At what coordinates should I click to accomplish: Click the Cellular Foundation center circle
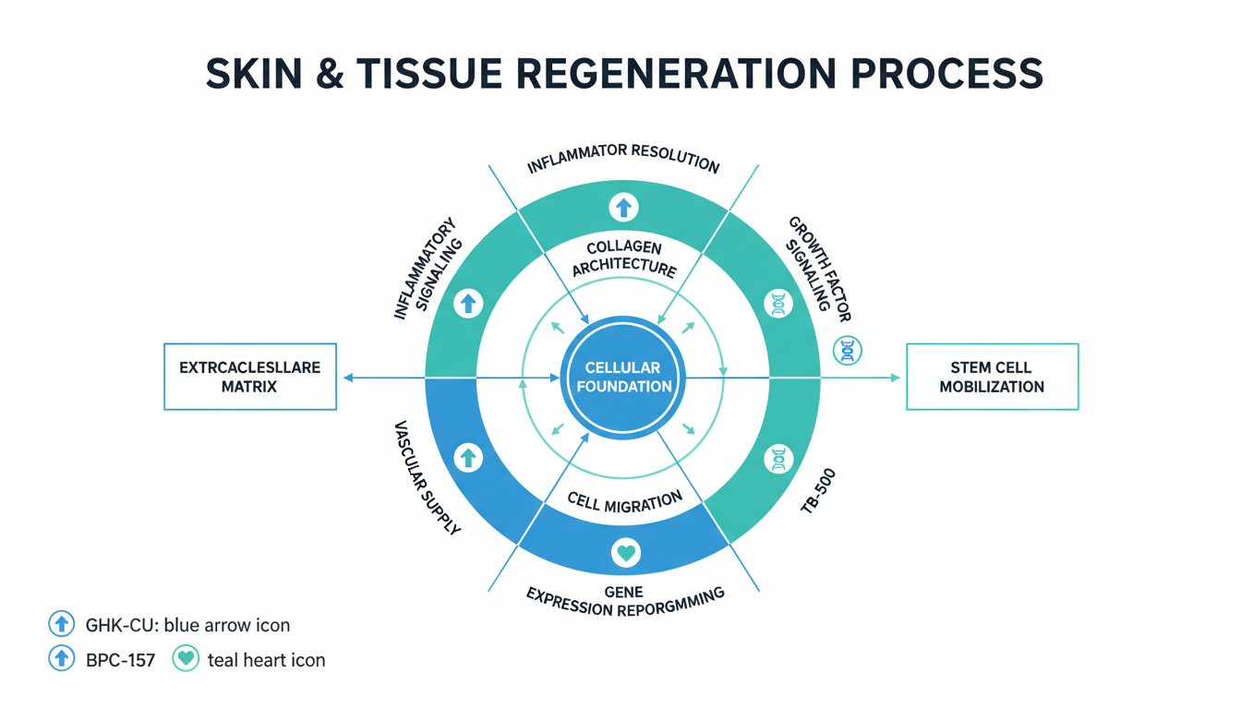click(623, 377)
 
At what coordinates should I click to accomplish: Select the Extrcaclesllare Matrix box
click(249, 377)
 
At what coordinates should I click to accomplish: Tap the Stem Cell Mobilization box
click(992, 377)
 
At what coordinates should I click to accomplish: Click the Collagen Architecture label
click(623, 258)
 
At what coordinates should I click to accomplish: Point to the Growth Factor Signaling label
click(818, 268)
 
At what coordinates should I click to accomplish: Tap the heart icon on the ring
click(625, 553)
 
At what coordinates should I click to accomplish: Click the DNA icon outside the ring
click(848, 350)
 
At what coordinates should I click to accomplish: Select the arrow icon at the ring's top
click(624, 207)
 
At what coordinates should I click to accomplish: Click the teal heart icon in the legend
click(186, 659)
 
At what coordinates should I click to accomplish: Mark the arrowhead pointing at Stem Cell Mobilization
click(894, 377)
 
